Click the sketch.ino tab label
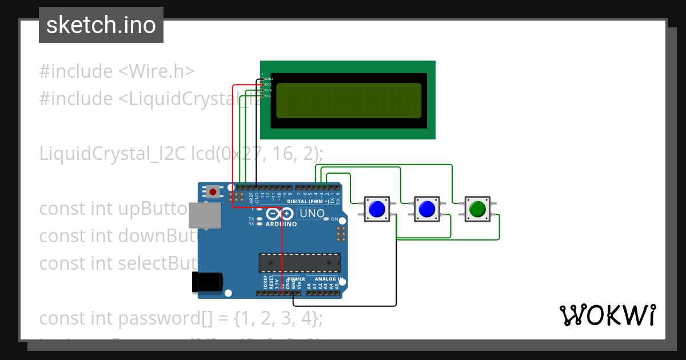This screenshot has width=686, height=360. [101, 25]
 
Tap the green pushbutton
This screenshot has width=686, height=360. [477, 209]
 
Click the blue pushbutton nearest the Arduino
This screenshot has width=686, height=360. [376, 209]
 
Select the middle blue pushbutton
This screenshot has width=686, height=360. [426, 209]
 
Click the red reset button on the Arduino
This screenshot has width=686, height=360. [213, 191]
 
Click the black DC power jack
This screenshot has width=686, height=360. [206, 282]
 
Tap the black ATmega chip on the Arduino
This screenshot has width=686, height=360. [300, 262]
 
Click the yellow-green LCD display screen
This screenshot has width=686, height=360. [349, 101]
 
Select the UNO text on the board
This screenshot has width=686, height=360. [312, 214]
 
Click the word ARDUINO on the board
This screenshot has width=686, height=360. [281, 224]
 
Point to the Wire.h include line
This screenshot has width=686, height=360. [117, 71]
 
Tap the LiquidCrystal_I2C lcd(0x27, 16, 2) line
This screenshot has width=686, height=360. [181, 154]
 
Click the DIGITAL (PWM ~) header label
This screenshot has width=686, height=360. [308, 201]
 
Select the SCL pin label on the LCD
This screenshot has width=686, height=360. [268, 96]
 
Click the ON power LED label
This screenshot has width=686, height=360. [335, 219]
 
